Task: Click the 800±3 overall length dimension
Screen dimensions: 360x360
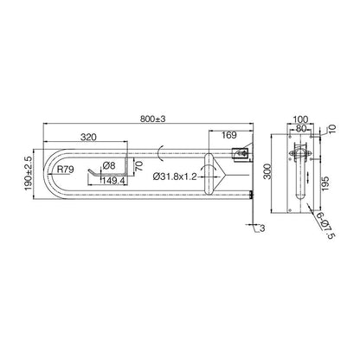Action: click(x=153, y=119)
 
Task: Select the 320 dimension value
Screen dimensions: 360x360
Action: click(x=88, y=138)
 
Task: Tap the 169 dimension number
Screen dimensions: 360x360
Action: click(x=229, y=135)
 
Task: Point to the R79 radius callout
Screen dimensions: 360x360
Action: click(x=65, y=169)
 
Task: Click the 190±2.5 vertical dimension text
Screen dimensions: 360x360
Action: click(x=29, y=173)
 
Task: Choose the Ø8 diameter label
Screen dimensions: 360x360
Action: click(x=109, y=165)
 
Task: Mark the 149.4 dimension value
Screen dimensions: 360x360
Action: click(x=113, y=180)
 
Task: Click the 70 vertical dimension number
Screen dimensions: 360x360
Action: click(x=138, y=166)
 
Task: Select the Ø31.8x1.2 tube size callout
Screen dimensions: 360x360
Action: click(x=175, y=177)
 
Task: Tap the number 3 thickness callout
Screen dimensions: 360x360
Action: click(x=262, y=228)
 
